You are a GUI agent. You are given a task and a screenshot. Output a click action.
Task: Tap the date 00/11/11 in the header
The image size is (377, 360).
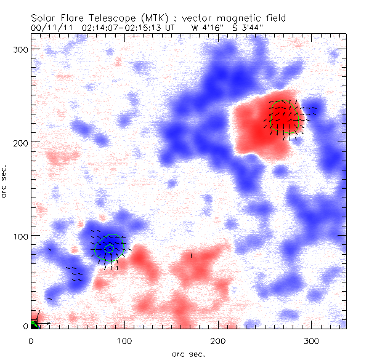(49, 28)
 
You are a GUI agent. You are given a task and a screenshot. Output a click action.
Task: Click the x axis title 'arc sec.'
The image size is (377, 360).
(188, 353)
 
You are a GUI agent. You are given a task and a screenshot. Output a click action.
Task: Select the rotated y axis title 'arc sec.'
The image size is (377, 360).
(6, 182)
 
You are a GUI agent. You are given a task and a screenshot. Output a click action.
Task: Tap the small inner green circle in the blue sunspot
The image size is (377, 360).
(109, 249)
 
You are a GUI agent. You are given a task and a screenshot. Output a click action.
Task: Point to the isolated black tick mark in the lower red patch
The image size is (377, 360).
(192, 255)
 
